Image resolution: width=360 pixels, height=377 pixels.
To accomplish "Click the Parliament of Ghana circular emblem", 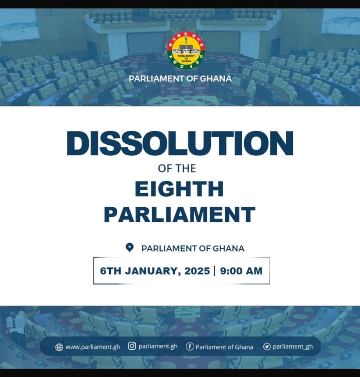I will point(186,50).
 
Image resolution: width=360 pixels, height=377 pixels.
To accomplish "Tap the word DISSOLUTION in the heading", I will point(180,143).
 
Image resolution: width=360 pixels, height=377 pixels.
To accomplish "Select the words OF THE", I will point(177,169).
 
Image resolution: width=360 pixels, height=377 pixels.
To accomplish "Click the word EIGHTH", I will point(179,189).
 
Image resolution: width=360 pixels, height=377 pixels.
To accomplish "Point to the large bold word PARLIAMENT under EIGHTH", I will point(179,214).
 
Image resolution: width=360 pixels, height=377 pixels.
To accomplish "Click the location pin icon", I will point(129,248).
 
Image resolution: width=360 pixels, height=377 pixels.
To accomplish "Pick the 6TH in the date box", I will point(111,271).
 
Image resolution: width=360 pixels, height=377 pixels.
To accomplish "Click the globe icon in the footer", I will point(59,347).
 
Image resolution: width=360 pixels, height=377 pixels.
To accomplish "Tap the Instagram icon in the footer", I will point(132,346).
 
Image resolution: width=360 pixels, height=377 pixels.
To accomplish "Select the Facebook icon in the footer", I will point(190,346).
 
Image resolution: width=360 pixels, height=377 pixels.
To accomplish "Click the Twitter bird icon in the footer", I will point(267,346).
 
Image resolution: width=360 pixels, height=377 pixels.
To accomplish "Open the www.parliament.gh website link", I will point(93,347).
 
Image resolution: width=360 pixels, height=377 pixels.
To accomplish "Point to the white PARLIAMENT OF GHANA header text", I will point(180,78).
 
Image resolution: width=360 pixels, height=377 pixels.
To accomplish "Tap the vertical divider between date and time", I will point(214,271).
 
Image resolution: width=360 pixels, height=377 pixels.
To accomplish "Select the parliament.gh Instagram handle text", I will point(158,346).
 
